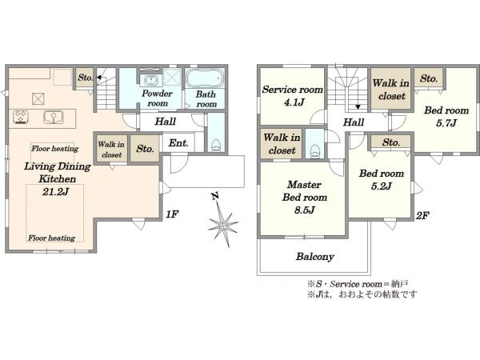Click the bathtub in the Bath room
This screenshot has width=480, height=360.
[203, 78]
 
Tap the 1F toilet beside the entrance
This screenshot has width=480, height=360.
[216, 145]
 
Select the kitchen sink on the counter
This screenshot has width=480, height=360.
[54, 118]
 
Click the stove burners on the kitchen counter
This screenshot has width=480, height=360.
[21, 117]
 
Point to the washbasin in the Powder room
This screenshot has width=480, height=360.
[150, 80]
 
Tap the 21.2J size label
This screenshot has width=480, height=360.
[56, 192]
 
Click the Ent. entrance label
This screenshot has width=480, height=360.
[178, 143]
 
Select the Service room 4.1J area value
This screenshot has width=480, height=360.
[294, 102]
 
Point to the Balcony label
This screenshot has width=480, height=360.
[314, 256]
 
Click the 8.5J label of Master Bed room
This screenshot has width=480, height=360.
[305, 210]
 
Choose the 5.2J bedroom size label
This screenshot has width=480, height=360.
[381, 186]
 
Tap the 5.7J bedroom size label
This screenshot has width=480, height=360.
[446, 123]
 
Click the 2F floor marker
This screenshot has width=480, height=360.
[422, 215]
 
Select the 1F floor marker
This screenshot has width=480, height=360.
[172, 214]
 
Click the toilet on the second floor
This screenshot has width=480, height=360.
[314, 151]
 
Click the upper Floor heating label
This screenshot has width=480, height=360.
[54, 149]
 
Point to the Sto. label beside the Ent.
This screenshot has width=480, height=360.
[145, 149]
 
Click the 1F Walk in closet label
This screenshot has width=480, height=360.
[111, 150]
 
